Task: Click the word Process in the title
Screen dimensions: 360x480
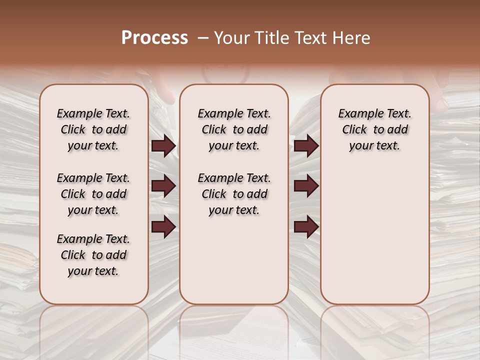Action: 154,37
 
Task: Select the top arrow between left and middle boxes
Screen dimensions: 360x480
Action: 163,145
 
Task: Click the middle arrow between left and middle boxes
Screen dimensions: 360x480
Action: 163,186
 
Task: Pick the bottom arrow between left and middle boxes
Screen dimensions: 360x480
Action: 163,226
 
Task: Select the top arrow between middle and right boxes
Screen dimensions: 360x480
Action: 306,145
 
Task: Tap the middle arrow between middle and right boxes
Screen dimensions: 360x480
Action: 306,186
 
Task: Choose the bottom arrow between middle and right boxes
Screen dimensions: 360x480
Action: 306,226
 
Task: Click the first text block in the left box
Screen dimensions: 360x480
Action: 93,129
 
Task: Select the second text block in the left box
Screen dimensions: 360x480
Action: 93,194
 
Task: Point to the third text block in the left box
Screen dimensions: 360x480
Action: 93,255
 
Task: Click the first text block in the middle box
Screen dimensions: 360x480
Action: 234,129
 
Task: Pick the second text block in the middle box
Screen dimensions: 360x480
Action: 234,194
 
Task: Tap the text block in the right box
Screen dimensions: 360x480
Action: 374,129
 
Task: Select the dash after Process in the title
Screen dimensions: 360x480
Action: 202,38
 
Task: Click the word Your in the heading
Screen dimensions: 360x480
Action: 228,37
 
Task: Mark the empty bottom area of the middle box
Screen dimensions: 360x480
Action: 234,265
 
